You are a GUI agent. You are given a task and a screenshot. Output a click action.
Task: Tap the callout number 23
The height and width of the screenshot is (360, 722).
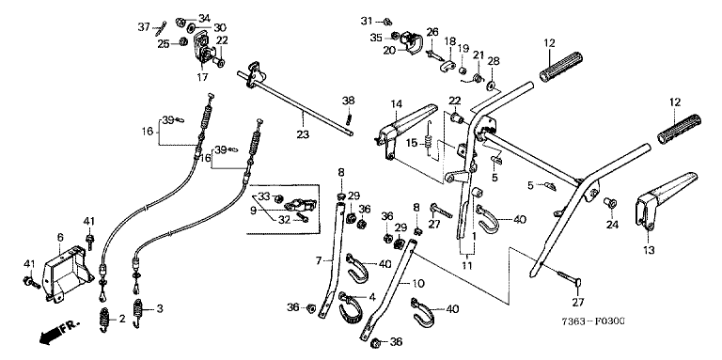pos(303,134)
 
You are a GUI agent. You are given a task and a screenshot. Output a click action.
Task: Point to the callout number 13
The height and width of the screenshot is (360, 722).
pos(649,250)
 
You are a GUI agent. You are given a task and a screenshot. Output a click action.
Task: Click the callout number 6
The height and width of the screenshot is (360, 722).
pos(60,237)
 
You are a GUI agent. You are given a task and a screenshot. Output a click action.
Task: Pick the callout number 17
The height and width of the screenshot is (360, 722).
pos(203,77)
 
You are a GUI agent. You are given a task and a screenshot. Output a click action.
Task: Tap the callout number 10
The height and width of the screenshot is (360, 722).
pos(419,283)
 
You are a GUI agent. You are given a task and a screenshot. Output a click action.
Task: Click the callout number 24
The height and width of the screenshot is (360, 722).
pos(611,225)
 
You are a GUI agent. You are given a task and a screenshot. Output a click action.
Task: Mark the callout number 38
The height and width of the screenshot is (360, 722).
pos(349,100)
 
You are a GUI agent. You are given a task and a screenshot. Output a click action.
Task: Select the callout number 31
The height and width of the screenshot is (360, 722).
pos(366,21)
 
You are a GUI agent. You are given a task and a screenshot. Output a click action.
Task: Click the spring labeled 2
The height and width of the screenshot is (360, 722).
pos(105,319)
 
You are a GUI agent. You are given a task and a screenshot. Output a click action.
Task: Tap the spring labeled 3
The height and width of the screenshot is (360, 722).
pos(137,313)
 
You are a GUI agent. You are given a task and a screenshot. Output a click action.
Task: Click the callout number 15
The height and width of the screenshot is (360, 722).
pos(412,143)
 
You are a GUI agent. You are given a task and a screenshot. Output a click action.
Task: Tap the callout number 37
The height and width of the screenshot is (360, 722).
pos(144,27)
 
